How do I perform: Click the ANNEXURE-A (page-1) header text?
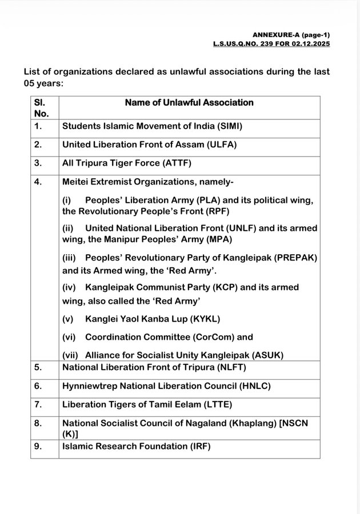coord(291,35)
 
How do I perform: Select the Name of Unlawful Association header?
coord(189,103)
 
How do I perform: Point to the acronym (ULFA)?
coord(221,144)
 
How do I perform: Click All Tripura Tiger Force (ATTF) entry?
coord(126,163)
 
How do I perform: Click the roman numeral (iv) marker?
coord(69,287)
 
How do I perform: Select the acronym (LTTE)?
coord(218,405)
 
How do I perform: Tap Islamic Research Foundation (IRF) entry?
coord(136,446)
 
